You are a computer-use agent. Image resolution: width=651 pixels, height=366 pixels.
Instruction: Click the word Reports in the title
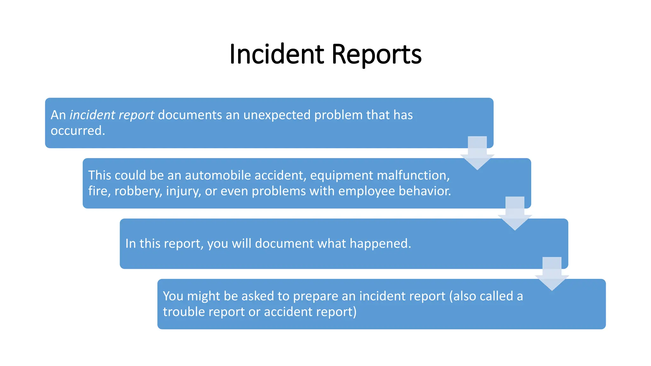[x=376, y=55]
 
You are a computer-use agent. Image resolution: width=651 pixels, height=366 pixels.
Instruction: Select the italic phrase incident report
[x=112, y=115]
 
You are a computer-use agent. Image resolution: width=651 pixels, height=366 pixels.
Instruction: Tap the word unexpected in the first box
[x=277, y=115]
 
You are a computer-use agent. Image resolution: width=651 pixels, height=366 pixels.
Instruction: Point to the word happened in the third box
[x=380, y=244]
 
